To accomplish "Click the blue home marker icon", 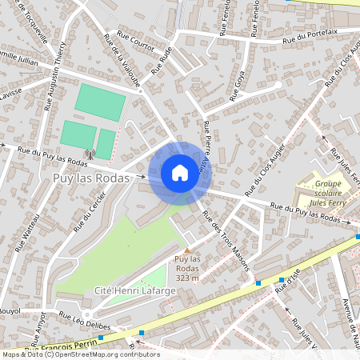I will [180, 173].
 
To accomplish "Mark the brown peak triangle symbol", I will [187, 250].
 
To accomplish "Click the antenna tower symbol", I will [90, 154].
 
